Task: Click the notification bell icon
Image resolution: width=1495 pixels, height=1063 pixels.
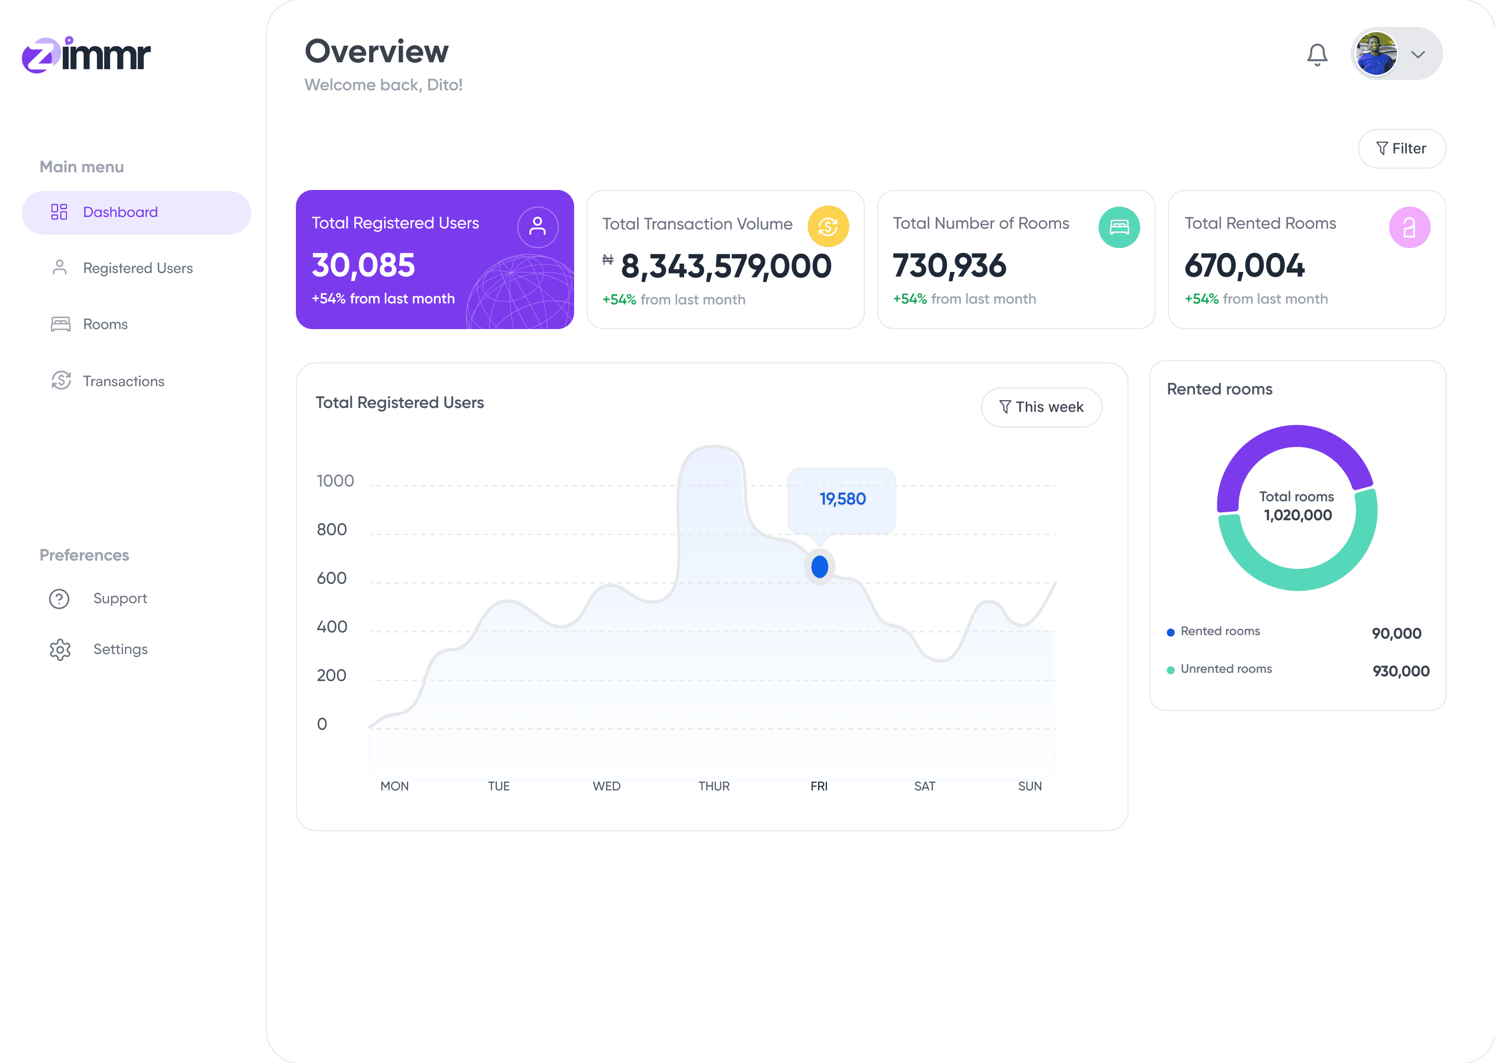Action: click(x=1317, y=54)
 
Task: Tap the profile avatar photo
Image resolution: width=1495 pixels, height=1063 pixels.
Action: click(x=1377, y=53)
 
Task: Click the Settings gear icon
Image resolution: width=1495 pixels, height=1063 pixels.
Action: click(x=60, y=649)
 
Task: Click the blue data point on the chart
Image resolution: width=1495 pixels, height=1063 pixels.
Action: click(x=820, y=567)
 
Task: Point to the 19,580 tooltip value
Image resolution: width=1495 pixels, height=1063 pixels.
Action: click(x=842, y=499)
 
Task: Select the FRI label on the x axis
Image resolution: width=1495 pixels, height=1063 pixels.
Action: click(x=819, y=786)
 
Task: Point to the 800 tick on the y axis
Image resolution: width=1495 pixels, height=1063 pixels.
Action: click(x=332, y=529)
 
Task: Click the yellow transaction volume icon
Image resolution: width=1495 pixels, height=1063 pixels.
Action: click(x=828, y=226)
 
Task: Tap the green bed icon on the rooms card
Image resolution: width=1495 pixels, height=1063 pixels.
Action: click(x=1119, y=227)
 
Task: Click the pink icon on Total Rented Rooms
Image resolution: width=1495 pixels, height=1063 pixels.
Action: click(x=1409, y=227)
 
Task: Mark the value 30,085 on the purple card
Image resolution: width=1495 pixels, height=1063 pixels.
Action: click(x=363, y=265)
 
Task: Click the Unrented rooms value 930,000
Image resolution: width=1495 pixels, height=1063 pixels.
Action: click(x=1401, y=671)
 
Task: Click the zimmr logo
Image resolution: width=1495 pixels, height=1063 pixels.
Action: click(x=86, y=54)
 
